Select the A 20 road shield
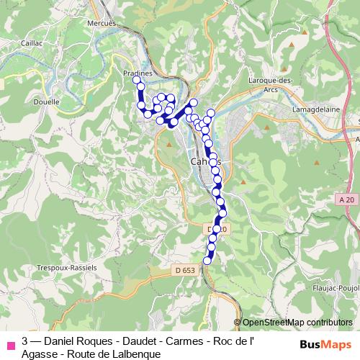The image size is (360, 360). coord(347,199)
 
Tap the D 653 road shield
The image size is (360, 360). coord(184,270)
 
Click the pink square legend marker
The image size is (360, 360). coord(10,343)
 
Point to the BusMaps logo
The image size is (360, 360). coord(325,343)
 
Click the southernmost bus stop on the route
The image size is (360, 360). coord(208,261)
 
